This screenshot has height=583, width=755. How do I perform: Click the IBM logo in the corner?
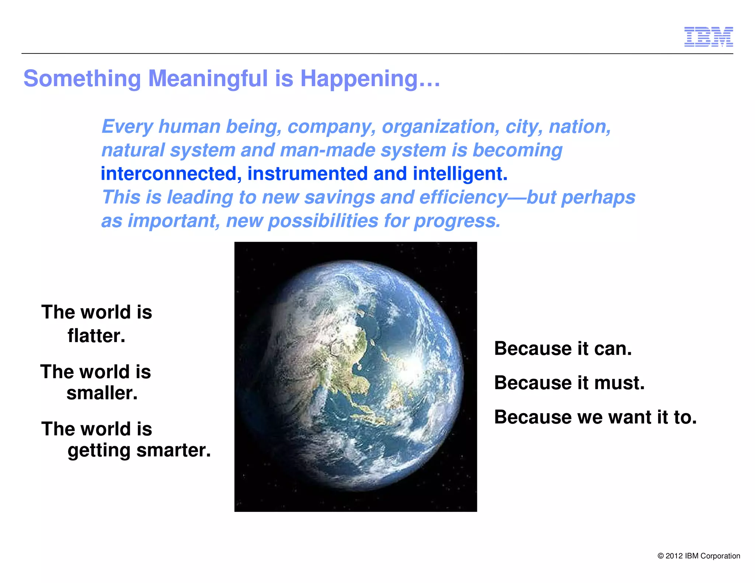tap(708, 36)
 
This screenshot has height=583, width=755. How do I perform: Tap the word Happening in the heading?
tap(359, 79)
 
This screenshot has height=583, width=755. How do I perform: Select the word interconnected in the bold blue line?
tap(168, 174)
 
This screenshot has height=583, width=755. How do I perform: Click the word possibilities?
tap(323, 221)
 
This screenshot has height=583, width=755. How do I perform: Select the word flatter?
tap(96, 336)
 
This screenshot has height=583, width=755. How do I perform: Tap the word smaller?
tap(102, 393)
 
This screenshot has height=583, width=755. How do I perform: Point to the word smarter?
tap(173, 450)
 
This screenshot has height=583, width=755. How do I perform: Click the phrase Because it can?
tap(563, 348)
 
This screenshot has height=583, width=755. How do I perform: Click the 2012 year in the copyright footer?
tap(674, 556)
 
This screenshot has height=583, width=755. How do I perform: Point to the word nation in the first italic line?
tap(580, 127)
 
